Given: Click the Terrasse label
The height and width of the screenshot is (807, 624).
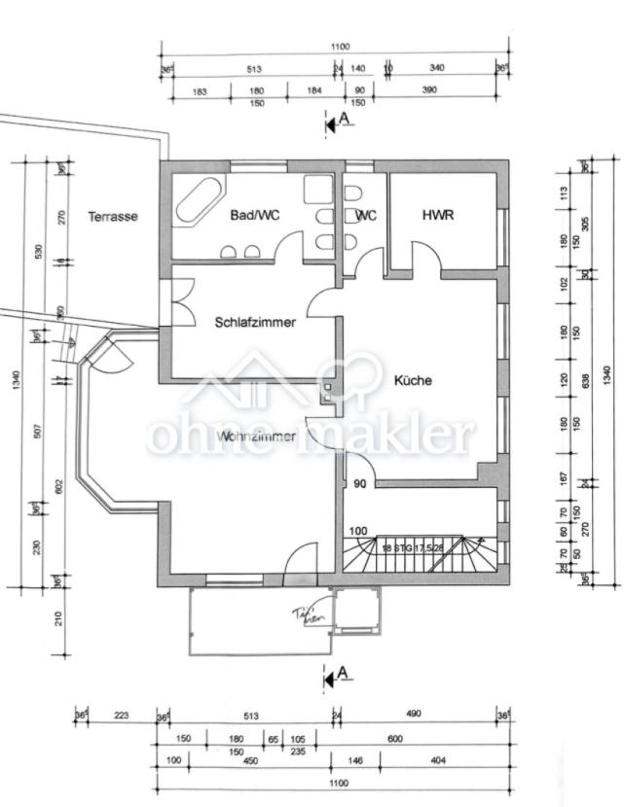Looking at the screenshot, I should pyautogui.click(x=113, y=216).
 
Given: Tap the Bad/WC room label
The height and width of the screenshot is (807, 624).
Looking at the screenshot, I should pyautogui.click(x=255, y=215).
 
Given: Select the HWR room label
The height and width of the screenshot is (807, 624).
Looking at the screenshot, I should pyautogui.click(x=438, y=215).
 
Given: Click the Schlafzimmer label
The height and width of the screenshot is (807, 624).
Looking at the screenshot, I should pyautogui.click(x=255, y=322).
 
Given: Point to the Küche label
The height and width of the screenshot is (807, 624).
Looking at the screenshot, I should pyautogui.click(x=412, y=380).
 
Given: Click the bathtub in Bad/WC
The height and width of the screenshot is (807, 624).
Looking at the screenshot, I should pyautogui.click(x=198, y=200).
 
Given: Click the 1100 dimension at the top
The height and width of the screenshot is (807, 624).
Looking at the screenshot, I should pyautogui.click(x=340, y=47).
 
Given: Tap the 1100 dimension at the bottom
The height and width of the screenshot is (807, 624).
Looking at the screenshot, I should pyautogui.click(x=339, y=783).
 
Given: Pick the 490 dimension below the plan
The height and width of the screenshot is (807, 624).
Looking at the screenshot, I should pyautogui.click(x=414, y=715).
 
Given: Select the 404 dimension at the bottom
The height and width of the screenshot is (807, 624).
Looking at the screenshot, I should pyautogui.click(x=437, y=760).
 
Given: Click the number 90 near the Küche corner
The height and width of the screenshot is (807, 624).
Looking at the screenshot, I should pyautogui.click(x=360, y=483).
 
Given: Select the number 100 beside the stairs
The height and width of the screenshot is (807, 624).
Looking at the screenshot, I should pyautogui.click(x=359, y=531).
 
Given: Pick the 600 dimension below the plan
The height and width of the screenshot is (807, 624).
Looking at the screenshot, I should pyautogui.click(x=395, y=739).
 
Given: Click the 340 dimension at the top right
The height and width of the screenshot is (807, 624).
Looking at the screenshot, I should pyautogui.click(x=437, y=68).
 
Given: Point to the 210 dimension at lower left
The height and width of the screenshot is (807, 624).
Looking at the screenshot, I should pyautogui.click(x=57, y=618).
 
